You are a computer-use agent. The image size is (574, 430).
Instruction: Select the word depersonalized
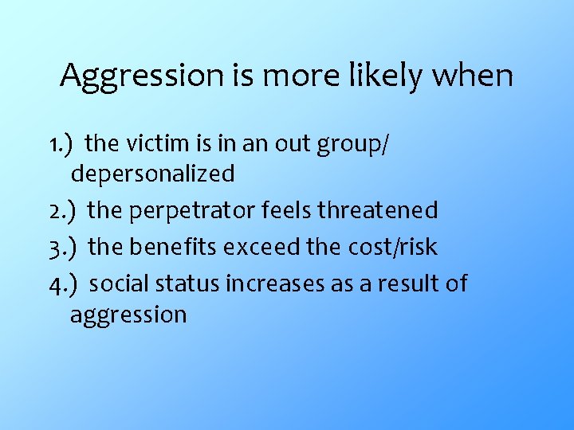(x=153, y=174)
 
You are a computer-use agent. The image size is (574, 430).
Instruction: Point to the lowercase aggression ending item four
(x=128, y=315)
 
